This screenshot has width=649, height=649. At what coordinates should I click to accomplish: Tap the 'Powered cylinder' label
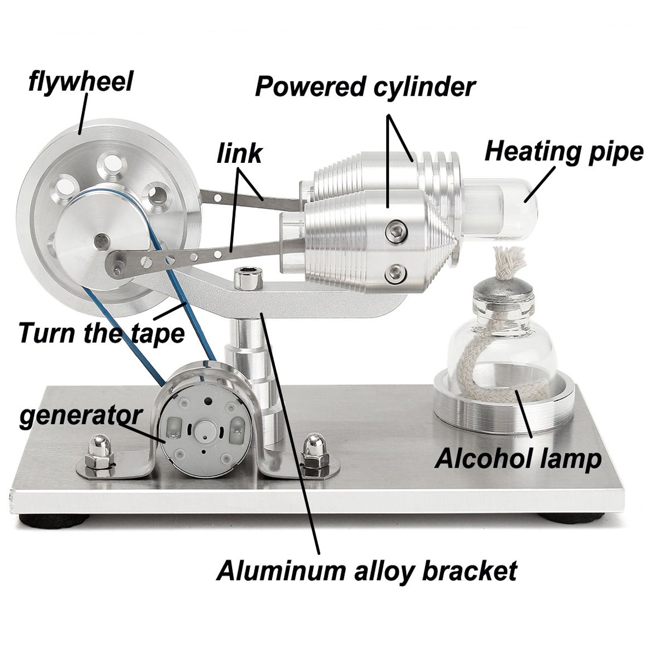(x=365, y=87)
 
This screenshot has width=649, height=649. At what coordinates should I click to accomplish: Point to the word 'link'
(x=239, y=155)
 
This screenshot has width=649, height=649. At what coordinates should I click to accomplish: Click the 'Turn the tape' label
(x=101, y=333)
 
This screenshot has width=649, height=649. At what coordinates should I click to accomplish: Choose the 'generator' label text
(x=81, y=416)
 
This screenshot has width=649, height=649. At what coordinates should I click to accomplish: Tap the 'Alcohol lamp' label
(x=518, y=459)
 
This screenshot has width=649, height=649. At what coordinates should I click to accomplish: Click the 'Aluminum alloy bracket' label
(x=367, y=571)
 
